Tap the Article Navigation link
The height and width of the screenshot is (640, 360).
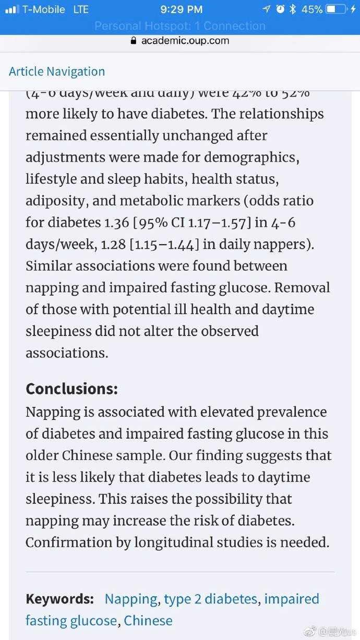pos(57,71)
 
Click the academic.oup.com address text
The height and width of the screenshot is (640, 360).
pos(185,40)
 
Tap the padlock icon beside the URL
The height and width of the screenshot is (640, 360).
pos(134,40)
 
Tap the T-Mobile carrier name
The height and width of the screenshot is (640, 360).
pos(44,9)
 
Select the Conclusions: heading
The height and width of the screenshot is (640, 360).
pos(71,389)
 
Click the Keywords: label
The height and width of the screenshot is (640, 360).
pos(59,599)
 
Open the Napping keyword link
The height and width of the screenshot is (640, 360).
pos(131,599)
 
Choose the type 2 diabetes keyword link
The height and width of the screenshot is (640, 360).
pos(210,599)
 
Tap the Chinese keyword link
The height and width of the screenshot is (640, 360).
pos(148,621)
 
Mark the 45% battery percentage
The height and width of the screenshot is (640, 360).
pos(311,9)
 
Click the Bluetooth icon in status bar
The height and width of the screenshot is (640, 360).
pos(293,9)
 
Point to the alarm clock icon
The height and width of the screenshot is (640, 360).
pos(280,9)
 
